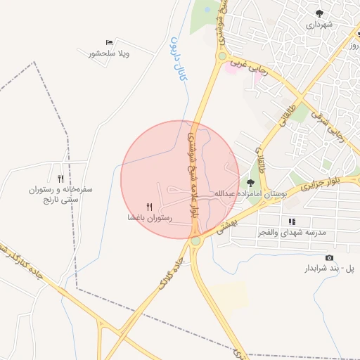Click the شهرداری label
point(319,25)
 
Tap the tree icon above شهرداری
point(319,13)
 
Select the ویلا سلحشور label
point(112,53)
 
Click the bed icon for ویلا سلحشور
point(108,43)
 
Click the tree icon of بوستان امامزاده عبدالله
point(250,183)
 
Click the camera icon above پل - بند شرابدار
point(329,257)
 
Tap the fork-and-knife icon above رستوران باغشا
point(148,207)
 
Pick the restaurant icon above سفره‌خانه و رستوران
point(60,179)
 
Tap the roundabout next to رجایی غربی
point(222,56)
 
